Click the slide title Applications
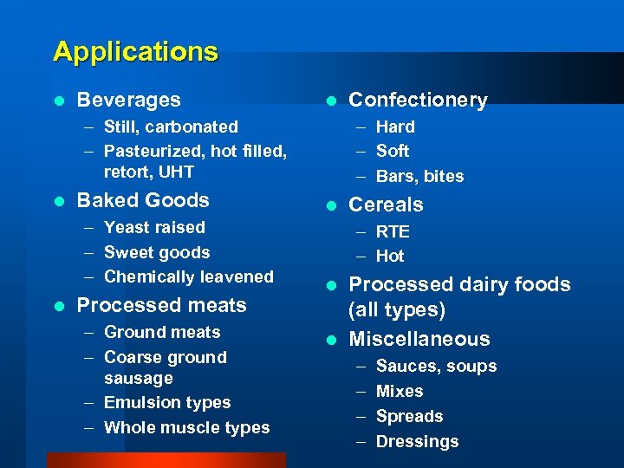(135, 52)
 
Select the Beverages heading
(128, 101)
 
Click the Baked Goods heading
(143, 200)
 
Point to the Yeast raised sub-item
(154, 227)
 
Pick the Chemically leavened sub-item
(188, 277)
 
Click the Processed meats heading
(161, 305)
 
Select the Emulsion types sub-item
(167, 403)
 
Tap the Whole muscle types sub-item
(186, 428)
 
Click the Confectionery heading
(418, 101)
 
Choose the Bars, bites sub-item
(419, 177)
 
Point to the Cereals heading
(386, 205)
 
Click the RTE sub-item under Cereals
(393, 232)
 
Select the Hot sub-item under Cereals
(390, 257)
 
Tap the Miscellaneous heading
(419, 339)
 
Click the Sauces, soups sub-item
(436, 367)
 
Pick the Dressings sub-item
(417, 442)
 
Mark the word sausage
(139, 379)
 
